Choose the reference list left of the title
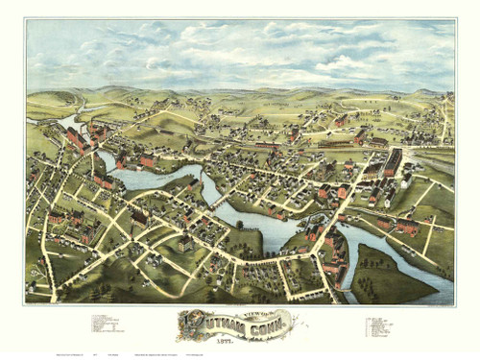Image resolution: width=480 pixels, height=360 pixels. coord(106,324)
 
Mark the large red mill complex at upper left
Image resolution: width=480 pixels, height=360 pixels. coord(74,140)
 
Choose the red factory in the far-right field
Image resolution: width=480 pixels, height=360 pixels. coord(408,228)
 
